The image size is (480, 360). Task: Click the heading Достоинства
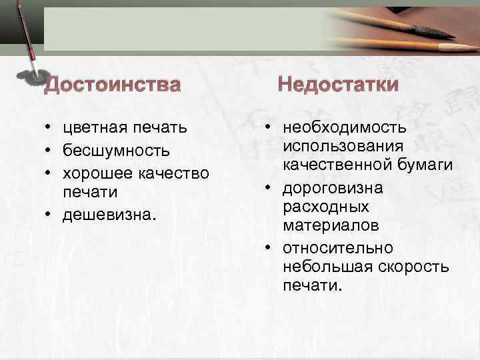pos(112,85)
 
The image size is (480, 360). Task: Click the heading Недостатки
pos(338,85)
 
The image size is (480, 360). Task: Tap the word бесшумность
pos(116,150)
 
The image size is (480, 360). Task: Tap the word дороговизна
pos(333,188)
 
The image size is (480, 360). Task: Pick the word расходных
pos(316,206)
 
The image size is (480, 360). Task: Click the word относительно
pos(337,248)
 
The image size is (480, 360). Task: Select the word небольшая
pos(322,267)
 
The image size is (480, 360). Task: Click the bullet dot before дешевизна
pos(50,216)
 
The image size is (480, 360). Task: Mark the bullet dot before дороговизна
pos(267,189)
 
